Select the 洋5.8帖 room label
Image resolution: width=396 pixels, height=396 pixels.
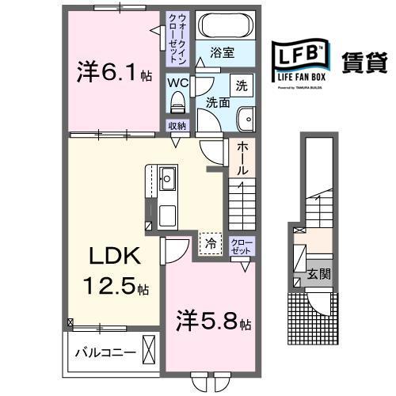click(x=212, y=323)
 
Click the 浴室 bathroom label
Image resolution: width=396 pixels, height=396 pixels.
click(x=223, y=53)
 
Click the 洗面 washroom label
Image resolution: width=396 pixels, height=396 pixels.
click(x=218, y=102)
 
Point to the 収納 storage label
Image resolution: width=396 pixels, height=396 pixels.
click(x=177, y=126)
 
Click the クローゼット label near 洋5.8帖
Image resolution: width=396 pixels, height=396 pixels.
click(x=240, y=246)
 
